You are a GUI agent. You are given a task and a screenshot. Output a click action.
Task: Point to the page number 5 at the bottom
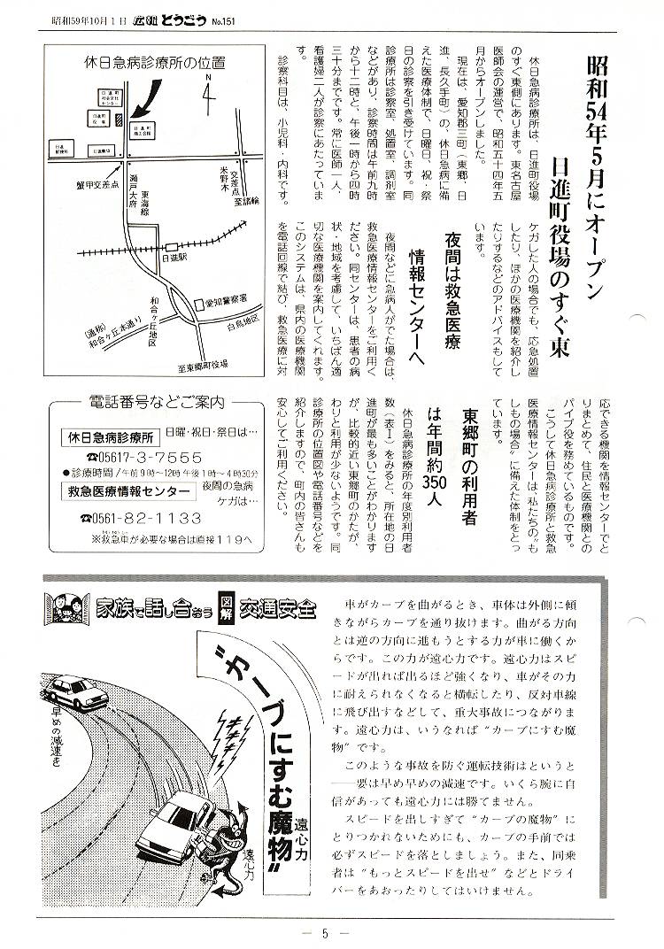[326, 931]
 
